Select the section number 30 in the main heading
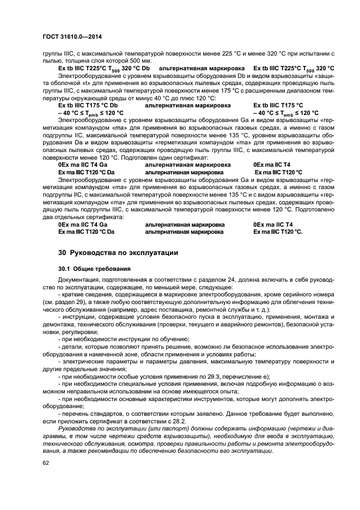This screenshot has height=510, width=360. (x=62, y=253)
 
